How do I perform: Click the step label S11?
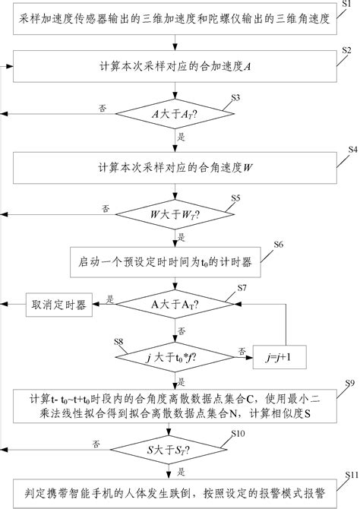click(x=351, y=475)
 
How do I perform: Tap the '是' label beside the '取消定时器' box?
click(x=110, y=299)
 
